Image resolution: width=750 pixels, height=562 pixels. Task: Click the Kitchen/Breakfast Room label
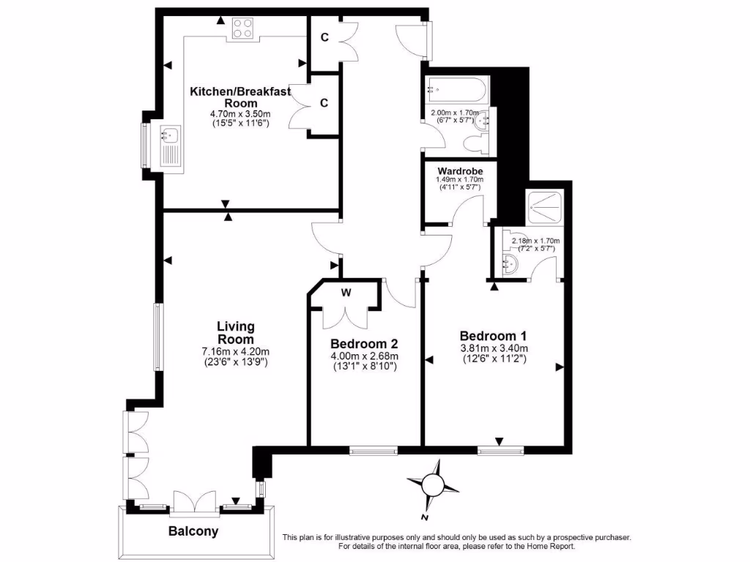[x=240, y=97]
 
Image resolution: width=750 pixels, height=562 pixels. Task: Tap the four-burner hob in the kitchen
[x=243, y=29]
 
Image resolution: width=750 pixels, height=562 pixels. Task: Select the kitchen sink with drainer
[x=169, y=145]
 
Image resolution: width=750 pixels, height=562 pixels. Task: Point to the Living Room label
[x=235, y=333]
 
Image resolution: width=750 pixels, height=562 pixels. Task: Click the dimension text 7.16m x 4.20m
[x=235, y=351]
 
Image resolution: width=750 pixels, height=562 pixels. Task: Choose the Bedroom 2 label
[x=364, y=344]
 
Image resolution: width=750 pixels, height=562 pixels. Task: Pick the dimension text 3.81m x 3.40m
[x=494, y=348]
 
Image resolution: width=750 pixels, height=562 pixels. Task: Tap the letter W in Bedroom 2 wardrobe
[x=346, y=293]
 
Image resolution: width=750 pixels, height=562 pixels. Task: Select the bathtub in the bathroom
[x=455, y=91]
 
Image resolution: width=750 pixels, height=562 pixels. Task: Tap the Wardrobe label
[x=460, y=171]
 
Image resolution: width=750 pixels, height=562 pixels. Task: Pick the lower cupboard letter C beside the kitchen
[x=324, y=102]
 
